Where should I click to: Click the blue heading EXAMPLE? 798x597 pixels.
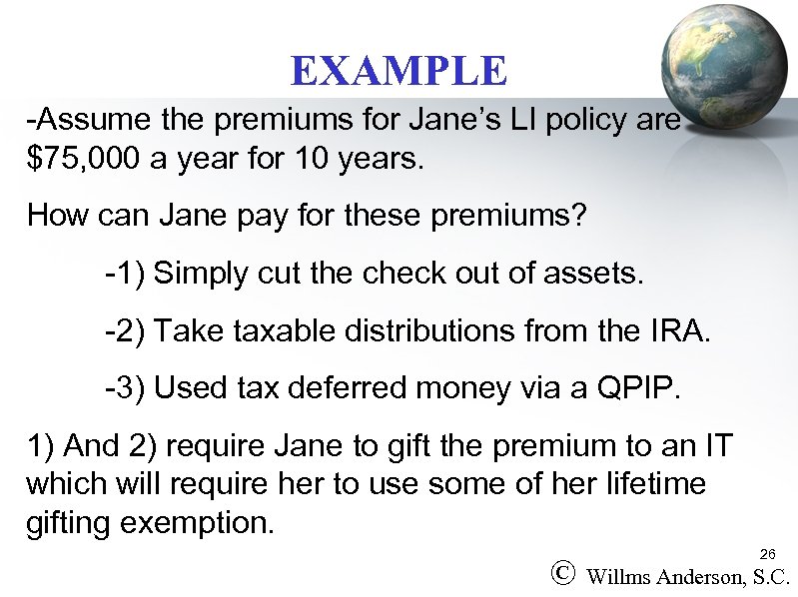click(x=399, y=71)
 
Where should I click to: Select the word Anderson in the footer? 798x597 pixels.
click(x=702, y=576)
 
